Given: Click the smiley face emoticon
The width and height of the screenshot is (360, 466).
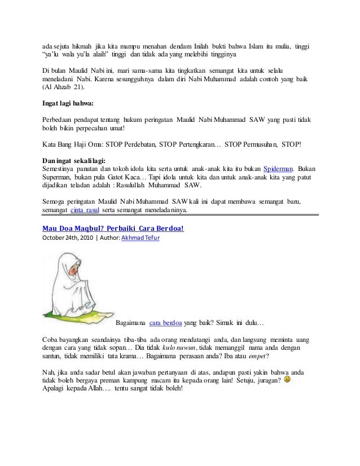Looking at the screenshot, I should tap(288, 380).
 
